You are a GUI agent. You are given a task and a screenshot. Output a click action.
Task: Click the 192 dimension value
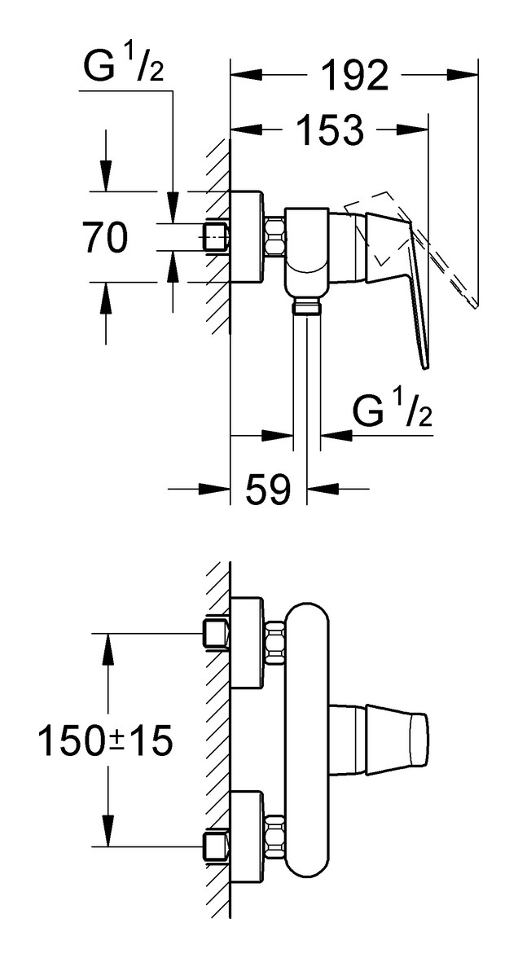pos(354,76)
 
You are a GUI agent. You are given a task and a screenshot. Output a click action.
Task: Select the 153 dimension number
pos(330,130)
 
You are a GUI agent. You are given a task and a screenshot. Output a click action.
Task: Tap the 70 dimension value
pos(106,237)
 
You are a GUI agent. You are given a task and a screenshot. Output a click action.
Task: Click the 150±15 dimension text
pos(105,740)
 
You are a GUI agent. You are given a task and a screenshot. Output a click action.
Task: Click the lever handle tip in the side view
pos(427,365)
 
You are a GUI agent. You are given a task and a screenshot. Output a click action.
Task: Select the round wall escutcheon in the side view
pos(247,237)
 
